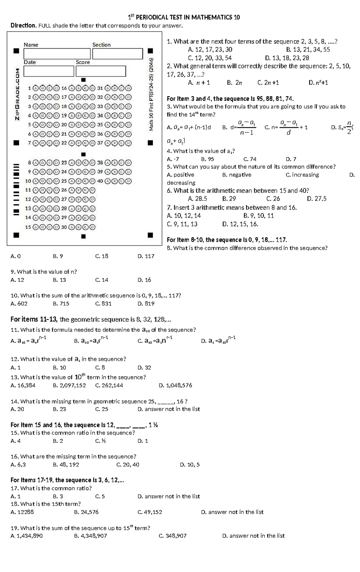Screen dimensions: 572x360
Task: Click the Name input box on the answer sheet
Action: click(x=53, y=54)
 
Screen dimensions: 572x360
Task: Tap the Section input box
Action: click(x=117, y=54)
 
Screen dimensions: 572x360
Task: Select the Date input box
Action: click(x=49, y=71)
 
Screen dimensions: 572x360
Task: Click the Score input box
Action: click(x=100, y=71)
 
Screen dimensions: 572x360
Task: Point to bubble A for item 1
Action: click(x=36, y=88)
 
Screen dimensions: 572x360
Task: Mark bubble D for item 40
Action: click(x=128, y=181)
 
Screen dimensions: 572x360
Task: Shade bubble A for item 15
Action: click(x=36, y=227)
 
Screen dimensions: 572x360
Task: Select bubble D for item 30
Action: click(x=92, y=227)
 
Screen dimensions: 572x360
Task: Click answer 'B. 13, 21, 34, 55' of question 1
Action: click(x=308, y=50)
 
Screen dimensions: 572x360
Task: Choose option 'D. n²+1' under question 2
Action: click(x=318, y=83)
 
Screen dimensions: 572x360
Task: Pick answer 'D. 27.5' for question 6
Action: click(x=316, y=199)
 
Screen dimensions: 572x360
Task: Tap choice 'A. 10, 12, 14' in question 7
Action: click(x=184, y=215)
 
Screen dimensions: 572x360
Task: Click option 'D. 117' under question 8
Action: click(x=146, y=256)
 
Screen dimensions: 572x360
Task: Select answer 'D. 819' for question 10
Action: click(x=146, y=303)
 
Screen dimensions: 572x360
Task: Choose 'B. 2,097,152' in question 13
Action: click(x=69, y=385)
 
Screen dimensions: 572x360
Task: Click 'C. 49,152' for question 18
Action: click(x=150, y=512)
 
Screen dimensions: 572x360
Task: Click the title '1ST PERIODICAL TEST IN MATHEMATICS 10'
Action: click(x=184, y=17)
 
